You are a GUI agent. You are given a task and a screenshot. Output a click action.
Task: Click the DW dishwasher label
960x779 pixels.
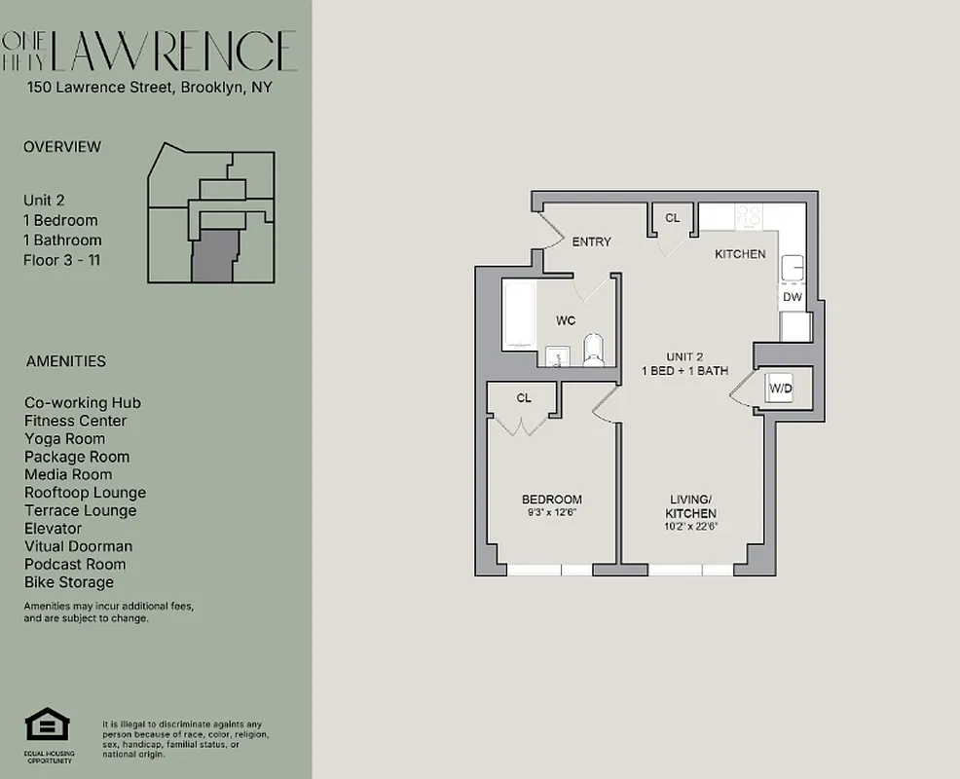coord(792,297)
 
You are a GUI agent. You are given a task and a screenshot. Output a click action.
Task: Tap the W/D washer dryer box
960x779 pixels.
coord(781,389)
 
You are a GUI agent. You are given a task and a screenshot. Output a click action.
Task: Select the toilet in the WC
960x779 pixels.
coord(593,349)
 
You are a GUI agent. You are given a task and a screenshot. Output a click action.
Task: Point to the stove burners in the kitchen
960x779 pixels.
coord(749,216)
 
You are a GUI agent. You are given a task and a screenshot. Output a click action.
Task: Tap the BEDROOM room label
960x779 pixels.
coord(551,500)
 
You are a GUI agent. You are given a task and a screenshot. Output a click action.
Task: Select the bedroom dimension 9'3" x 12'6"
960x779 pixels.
coord(551,513)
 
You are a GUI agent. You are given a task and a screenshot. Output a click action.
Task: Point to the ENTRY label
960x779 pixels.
coord(591,241)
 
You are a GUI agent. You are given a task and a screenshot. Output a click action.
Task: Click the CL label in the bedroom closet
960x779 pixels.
coord(524,397)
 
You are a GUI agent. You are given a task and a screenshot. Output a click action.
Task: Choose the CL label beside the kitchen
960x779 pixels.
coord(673,218)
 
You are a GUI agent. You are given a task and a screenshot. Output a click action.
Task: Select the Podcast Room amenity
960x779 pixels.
coord(75,564)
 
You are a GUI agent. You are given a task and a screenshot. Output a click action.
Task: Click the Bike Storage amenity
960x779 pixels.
coord(69,582)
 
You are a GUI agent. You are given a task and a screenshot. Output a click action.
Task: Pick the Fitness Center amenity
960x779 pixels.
coord(76,421)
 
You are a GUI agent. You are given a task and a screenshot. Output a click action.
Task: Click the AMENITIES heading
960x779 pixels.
coord(66,361)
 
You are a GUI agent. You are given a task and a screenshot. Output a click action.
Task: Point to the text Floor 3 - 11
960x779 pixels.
coord(61,260)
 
